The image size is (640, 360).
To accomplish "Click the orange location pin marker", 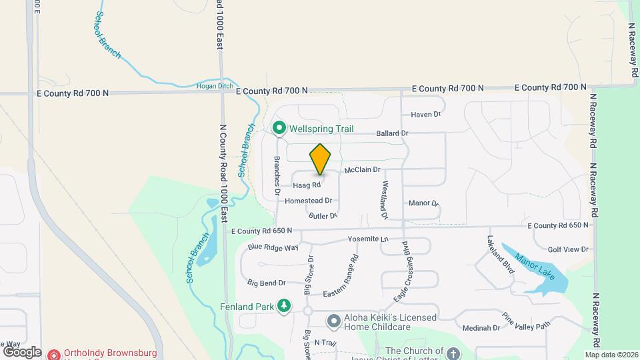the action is pyautogui.click(x=321, y=159).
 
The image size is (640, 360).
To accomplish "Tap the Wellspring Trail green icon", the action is pyautogui.click(x=279, y=128).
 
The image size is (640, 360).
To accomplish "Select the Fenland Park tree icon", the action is pyautogui.click(x=285, y=306).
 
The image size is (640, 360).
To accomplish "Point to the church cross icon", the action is pyautogui.click(x=453, y=353).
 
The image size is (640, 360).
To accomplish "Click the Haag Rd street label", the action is pyautogui.click(x=307, y=185).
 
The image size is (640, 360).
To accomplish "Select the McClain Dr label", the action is pyautogui.click(x=362, y=171).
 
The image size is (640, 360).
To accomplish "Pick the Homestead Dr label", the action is pyautogui.click(x=308, y=201).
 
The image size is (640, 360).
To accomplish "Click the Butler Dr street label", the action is pyautogui.click(x=323, y=216).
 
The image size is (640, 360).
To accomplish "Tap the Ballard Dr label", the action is pyautogui.click(x=392, y=133).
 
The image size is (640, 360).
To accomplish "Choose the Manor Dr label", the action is pyautogui.click(x=423, y=203).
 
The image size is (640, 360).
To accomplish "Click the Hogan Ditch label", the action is pyautogui.click(x=213, y=86).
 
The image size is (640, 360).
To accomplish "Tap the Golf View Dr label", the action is pyautogui.click(x=568, y=249).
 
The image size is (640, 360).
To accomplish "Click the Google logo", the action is pyautogui.click(x=22, y=351).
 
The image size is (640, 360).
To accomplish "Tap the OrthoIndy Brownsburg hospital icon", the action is pyautogui.click(x=54, y=354).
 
